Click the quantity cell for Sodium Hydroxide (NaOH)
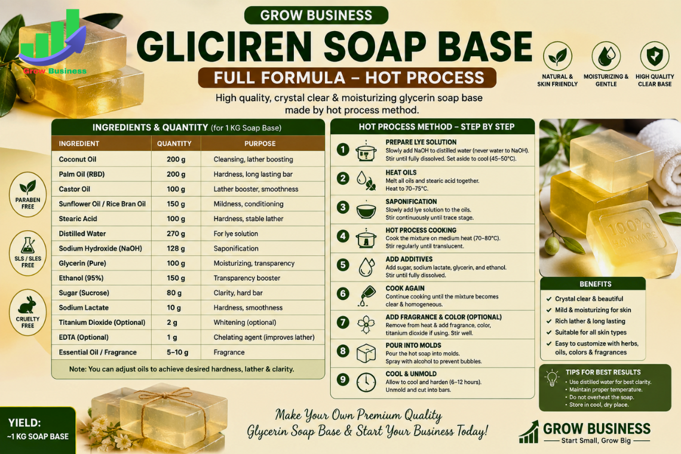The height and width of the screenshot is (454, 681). point(176,249)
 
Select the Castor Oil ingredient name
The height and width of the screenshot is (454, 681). point(74,189)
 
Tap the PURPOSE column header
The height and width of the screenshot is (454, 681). point(260,143)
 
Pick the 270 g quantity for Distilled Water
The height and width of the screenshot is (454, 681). point(176,234)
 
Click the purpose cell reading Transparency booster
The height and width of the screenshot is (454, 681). point(247,278)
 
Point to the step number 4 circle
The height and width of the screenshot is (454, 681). point(343,236)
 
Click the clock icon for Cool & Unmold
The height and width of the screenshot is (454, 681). point(366,382)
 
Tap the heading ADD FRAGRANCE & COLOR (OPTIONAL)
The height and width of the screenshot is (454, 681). point(443,317)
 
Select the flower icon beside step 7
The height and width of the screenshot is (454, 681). point(366,324)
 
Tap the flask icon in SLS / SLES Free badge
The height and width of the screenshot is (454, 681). point(27,246)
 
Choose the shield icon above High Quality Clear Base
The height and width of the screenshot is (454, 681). point(655,56)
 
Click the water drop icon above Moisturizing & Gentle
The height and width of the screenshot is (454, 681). point(606,56)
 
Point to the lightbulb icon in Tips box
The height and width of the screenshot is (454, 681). point(552,378)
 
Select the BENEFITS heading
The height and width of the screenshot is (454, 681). point(596,284)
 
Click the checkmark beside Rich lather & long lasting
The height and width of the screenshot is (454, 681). point(548,321)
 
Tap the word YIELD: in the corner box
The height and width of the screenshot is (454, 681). point(24,423)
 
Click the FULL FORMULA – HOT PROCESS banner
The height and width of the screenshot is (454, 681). point(348,78)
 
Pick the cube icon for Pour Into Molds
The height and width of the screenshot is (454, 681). point(366,353)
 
